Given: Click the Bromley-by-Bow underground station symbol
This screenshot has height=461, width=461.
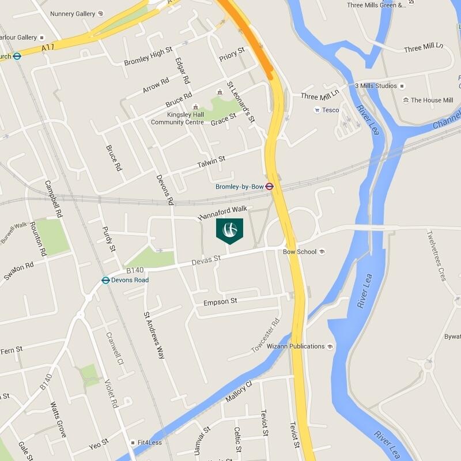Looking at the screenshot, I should (x=269, y=186).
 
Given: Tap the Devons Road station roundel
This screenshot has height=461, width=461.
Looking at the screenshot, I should (x=105, y=280).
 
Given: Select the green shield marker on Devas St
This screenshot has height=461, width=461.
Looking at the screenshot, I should (x=229, y=230).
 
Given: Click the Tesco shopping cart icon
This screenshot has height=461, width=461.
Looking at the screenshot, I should (x=317, y=110).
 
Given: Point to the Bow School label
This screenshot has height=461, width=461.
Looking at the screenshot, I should (x=300, y=252).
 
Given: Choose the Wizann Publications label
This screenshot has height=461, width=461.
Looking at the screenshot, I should (x=296, y=346).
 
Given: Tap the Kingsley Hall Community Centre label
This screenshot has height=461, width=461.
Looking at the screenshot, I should (x=177, y=118).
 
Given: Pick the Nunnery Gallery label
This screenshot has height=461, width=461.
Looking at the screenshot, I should (x=73, y=13).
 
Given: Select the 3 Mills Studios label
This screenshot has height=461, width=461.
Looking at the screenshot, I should (x=376, y=86).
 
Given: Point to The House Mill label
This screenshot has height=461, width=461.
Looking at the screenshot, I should (x=432, y=100).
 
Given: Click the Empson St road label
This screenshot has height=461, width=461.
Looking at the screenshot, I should (x=220, y=301).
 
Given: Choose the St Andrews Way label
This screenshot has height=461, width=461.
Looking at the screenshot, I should (x=154, y=335).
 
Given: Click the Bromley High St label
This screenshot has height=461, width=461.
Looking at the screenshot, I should (x=148, y=56).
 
